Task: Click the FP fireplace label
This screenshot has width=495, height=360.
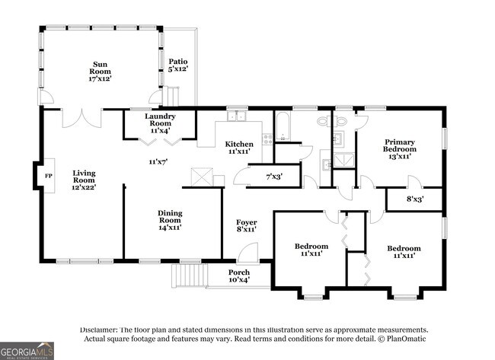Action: [48, 176]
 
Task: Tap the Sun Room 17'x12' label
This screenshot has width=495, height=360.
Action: [100, 72]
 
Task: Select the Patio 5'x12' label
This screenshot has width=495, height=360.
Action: [178, 65]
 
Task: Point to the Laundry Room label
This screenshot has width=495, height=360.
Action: [161, 120]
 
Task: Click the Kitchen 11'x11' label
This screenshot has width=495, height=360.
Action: [239, 148]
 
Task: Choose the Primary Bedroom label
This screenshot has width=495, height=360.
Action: [400, 145]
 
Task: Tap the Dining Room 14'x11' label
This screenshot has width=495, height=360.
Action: [170, 220]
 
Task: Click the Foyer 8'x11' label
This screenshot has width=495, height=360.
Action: [247, 226]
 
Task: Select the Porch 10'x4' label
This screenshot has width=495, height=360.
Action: [239, 276]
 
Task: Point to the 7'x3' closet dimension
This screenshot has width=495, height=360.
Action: [274, 177]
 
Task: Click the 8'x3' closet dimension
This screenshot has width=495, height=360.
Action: [415, 199]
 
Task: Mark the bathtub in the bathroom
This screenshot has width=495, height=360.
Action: [283, 126]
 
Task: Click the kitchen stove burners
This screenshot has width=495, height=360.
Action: [268, 139]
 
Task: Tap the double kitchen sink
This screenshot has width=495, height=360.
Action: [237, 116]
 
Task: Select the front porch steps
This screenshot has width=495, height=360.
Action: [190, 276]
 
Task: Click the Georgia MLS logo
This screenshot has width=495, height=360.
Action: [27, 351]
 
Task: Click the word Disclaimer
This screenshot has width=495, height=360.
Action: [98, 330]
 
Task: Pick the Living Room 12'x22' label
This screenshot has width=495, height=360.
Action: [84, 180]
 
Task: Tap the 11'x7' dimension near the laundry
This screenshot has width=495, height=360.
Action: [158, 162]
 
